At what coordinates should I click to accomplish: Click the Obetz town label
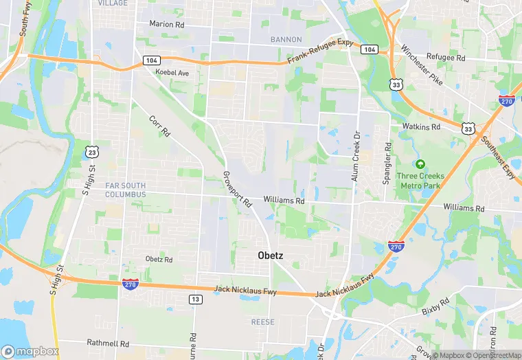click(x=270, y=255)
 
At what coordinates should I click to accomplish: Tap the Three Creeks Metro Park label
click(x=420, y=181)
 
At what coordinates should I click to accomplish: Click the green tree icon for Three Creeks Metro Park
click(x=420, y=164)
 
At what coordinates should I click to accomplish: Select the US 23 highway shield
click(x=91, y=151)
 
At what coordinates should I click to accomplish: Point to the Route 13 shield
click(x=195, y=299)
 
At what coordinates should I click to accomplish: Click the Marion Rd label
click(x=168, y=23)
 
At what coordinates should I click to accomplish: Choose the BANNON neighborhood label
click(x=286, y=39)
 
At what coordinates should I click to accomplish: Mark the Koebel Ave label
click(x=172, y=72)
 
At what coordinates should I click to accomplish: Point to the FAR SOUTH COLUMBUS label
click(x=126, y=190)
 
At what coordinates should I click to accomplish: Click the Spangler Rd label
click(x=387, y=162)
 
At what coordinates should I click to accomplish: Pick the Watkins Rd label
click(x=421, y=127)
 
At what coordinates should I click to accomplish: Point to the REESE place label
click(x=262, y=322)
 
